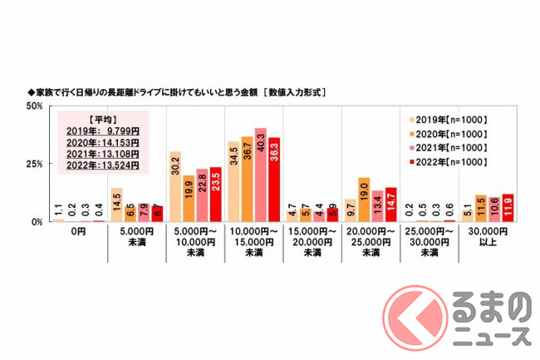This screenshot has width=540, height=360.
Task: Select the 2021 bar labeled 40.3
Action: coord(260,175)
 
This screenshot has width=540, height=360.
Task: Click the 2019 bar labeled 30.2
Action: coord(174,187)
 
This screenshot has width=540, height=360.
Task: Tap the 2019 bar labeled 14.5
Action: coord(116,205)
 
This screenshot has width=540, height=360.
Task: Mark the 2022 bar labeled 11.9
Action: coord(508,209)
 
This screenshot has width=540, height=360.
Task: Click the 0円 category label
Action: coord(79,231)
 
